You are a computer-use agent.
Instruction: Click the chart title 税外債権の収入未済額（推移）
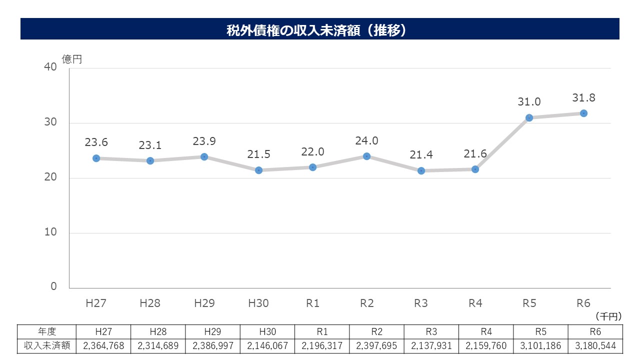319,30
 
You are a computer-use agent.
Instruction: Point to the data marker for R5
529,117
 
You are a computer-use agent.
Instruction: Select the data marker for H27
96,158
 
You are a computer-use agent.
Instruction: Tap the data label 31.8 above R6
583,97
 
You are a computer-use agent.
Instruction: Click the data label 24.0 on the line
366,141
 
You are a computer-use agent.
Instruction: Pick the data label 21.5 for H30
258,155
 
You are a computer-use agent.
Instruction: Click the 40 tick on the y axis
50,67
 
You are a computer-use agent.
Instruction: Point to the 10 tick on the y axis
50,232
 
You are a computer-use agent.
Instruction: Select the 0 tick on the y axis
53,287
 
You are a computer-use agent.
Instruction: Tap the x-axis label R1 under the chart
312,303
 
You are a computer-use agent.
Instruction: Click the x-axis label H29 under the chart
204,303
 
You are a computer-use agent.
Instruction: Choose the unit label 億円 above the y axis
71,59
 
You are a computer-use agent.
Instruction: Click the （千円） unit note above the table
608,316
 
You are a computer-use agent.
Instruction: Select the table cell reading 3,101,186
540,345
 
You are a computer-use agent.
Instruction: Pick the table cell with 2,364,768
103,345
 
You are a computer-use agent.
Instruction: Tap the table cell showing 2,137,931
431,345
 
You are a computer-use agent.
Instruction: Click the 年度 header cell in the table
47,331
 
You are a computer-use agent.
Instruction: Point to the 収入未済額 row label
47,345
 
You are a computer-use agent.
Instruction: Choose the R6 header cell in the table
595,331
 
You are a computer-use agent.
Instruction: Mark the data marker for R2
366,156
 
